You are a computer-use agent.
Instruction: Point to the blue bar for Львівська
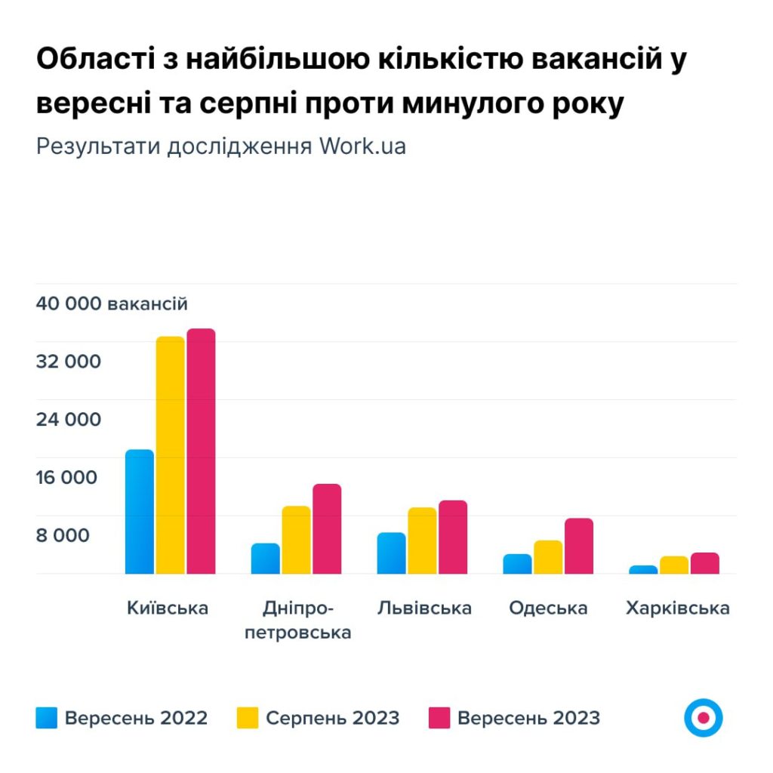392,553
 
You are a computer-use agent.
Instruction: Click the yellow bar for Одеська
548,557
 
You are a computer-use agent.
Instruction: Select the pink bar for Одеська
579,546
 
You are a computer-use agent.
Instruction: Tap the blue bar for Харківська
643,569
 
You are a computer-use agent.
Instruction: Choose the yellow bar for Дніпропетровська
296,540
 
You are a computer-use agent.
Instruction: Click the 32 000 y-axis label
68,362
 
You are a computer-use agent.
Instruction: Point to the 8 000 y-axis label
63,535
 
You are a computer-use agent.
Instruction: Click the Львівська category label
425,608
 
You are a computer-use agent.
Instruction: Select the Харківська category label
677,608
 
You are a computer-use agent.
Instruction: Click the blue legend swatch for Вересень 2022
46,718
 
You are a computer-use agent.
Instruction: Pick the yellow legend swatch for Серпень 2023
248,718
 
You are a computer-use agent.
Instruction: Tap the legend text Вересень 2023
528,718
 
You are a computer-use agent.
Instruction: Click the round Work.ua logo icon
704,718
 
